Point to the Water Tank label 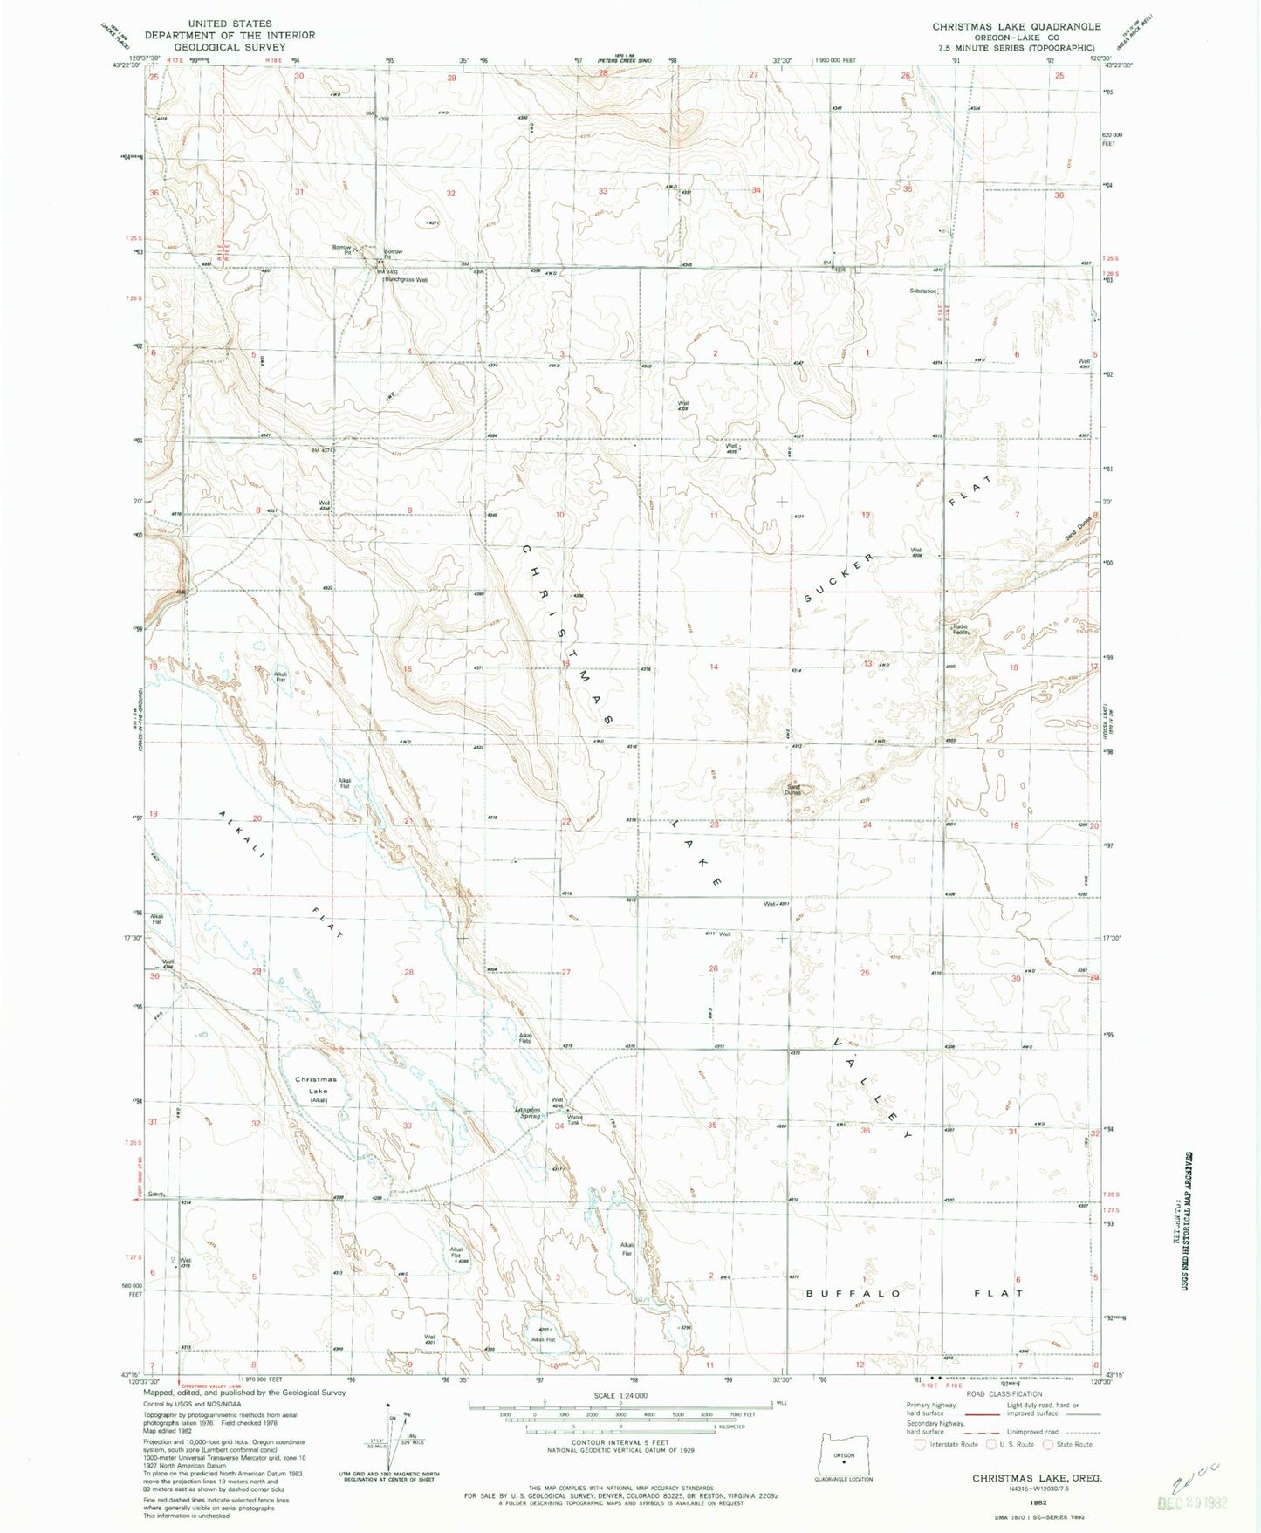pyautogui.click(x=575, y=1119)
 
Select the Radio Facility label pyautogui.click(x=961, y=629)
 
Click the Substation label pyautogui.click(x=922, y=291)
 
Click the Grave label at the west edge pyautogui.click(x=156, y=1194)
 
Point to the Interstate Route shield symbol pyautogui.click(x=919, y=1444)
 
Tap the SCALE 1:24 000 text pyautogui.click(x=620, y=1396)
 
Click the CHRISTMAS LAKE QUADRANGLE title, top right pyautogui.click(x=1016, y=27)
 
